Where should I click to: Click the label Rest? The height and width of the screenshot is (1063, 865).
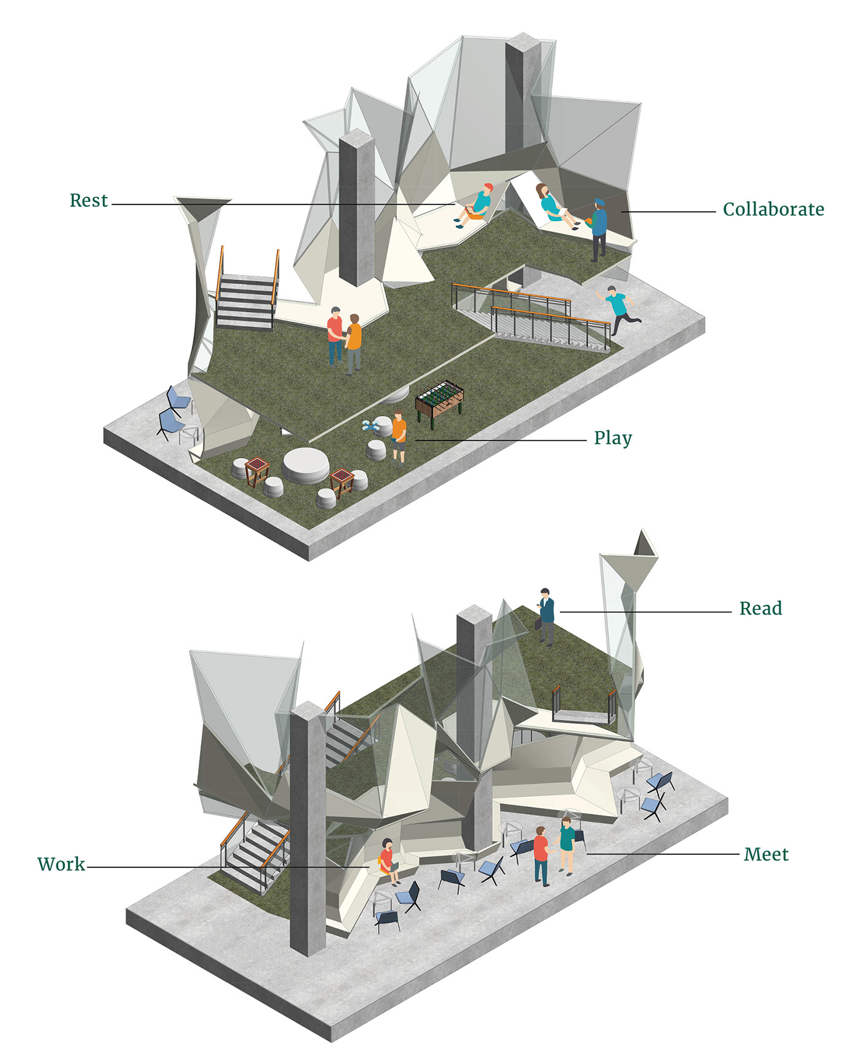(x=89, y=201)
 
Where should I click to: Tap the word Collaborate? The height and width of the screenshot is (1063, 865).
(x=773, y=210)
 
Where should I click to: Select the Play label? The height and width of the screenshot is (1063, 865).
(x=612, y=438)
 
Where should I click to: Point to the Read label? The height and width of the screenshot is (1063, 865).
(x=760, y=609)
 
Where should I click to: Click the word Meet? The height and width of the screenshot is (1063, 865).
(x=765, y=854)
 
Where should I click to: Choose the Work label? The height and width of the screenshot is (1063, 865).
(x=61, y=864)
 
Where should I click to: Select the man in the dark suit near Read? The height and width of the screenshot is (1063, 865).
(x=546, y=616)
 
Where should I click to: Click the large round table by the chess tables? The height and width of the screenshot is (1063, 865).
(x=305, y=465)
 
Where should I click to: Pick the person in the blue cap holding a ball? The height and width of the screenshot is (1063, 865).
(x=598, y=228)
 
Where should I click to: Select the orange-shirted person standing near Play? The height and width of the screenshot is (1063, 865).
(x=399, y=436)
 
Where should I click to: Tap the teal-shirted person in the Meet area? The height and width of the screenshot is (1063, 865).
(x=567, y=844)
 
